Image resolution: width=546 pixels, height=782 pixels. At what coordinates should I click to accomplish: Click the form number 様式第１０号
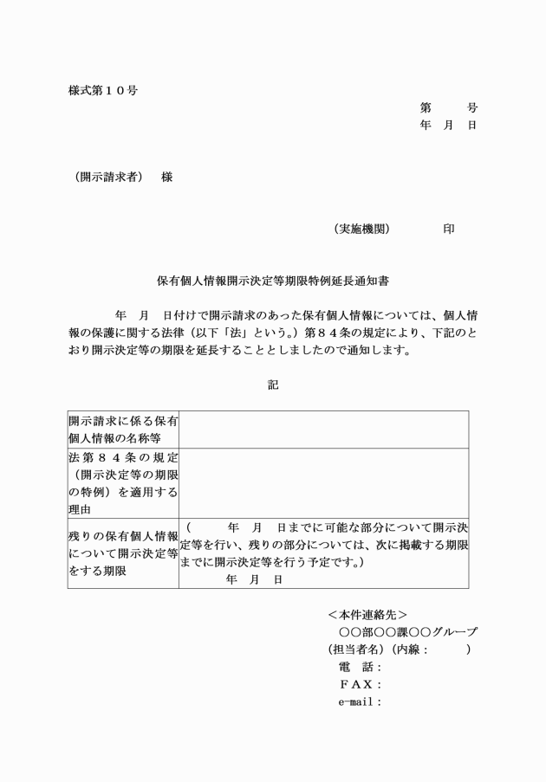click(103, 90)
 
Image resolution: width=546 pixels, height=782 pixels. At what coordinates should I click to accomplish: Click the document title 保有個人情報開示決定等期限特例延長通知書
click(273, 281)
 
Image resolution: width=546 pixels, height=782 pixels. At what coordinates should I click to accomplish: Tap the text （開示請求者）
click(108, 178)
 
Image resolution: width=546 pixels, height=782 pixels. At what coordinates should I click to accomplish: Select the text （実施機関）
click(361, 229)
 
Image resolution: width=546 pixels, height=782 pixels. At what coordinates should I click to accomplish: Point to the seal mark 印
click(449, 229)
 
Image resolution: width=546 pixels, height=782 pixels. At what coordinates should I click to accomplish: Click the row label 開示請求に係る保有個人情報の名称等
click(124, 430)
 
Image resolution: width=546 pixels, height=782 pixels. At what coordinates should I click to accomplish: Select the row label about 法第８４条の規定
click(124, 483)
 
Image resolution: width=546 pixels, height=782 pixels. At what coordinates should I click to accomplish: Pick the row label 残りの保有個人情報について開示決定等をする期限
click(124, 554)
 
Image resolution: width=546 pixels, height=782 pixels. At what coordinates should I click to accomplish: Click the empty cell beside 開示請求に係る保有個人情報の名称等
click(324, 430)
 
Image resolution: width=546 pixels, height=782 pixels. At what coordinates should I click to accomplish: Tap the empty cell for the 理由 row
click(324, 483)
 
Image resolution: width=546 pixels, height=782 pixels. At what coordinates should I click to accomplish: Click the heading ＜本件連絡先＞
click(367, 614)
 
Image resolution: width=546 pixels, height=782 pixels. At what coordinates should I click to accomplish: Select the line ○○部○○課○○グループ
click(407, 632)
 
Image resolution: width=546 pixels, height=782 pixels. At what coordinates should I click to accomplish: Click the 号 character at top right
click(471, 108)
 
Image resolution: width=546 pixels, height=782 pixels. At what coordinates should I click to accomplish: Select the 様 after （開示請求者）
click(167, 178)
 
